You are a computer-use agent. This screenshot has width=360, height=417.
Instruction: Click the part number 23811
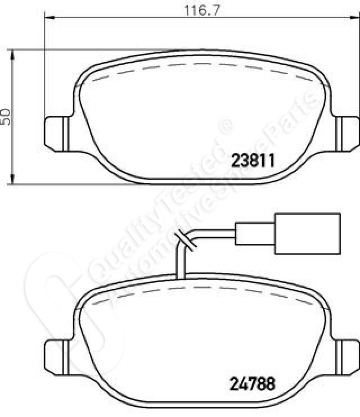click(x=253, y=160)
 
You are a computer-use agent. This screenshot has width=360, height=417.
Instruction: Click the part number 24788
click(x=252, y=384)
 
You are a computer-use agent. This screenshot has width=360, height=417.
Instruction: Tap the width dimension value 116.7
click(x=202, y=11)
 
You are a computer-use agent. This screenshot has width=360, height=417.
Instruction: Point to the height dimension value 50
click(x=6, y=116)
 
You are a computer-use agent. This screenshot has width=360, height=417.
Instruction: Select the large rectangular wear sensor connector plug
click(x=308, y=234)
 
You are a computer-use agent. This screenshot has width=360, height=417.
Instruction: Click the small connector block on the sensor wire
click(x=255, y=234)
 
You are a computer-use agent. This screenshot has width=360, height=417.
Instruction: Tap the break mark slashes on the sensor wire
click(x=186, y=240)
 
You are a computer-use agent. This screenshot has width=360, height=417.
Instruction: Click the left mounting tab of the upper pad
click(x=56, y=134)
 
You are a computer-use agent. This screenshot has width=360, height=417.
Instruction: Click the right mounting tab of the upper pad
click(x=347, y=134)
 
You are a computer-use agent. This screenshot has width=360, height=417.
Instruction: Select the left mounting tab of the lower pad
click(x=56, y=357)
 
